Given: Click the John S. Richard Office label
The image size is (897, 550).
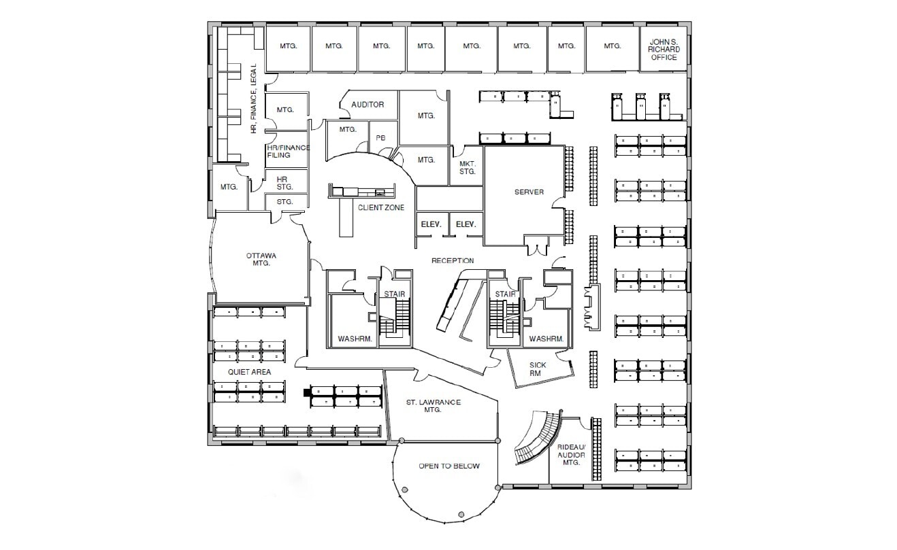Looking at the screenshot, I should [664, 49].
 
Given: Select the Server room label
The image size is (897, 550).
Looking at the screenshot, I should [529, 192].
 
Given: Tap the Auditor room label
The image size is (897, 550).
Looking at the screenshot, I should [368, 105].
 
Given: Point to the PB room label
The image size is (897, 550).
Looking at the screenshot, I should [380, 138].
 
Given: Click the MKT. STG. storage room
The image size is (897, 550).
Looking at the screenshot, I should [466, 168].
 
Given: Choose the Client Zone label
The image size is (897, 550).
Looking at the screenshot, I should [381, 207].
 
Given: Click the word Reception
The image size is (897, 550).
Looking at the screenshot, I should [453, 260].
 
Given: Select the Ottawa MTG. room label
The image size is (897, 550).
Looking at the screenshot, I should [261, 260].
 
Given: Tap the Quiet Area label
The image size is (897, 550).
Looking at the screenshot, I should [250, 372].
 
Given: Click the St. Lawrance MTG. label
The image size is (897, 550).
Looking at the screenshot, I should [433, 406].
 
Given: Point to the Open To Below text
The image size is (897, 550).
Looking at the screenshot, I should [448, 466].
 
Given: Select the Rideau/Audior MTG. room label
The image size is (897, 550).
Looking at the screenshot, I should [571, 454].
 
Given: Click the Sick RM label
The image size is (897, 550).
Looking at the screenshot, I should [538, 369].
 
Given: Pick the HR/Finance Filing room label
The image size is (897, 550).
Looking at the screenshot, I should [288, 152].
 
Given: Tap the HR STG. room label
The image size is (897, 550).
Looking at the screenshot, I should [283, 182].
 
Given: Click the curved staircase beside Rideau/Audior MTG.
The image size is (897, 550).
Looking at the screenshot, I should [538, 439].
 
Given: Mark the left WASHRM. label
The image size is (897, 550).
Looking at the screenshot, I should [353, 339].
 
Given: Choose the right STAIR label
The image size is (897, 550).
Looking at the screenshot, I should [505, 294].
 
